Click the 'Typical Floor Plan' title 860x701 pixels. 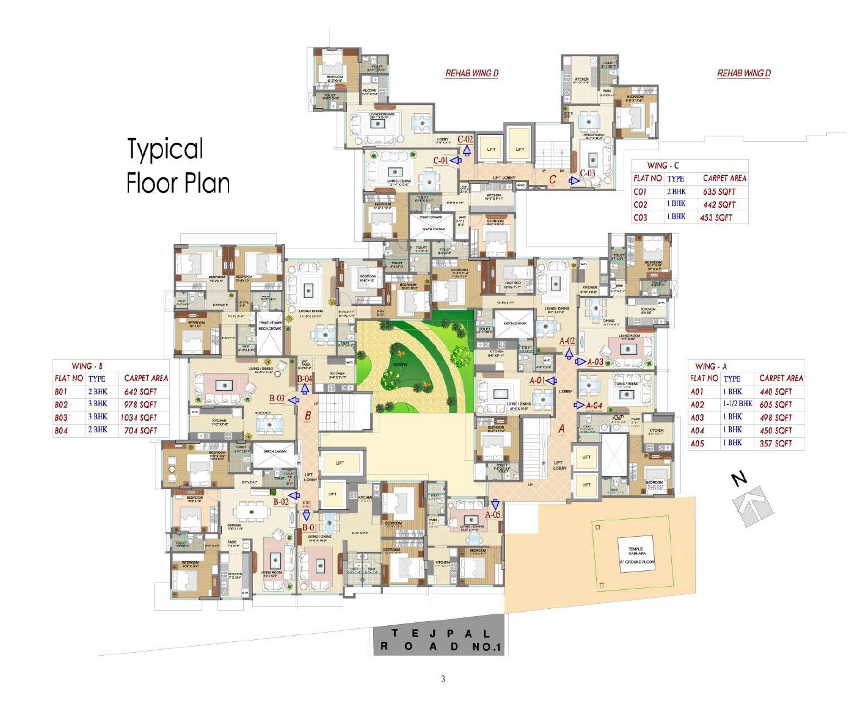click(177, 166)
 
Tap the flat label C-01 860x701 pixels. click(440, 161)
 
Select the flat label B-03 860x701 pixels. click(277, 399)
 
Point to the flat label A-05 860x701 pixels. click(492, 515)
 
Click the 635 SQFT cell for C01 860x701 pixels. click(719, 192)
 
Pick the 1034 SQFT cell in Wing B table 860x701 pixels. click(139, 418)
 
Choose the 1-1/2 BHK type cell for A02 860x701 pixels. click(738, 404)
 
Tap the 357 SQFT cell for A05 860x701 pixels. click(775, 443)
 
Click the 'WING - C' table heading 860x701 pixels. click(663, 165)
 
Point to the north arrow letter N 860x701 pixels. click(740, 479)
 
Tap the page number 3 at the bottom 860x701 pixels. click(443, 678)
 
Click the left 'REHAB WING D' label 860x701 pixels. click(472, 73)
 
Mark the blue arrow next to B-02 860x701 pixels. click(294, 496)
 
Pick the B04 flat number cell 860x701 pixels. click(61, 430)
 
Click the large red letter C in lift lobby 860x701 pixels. click(552, 180)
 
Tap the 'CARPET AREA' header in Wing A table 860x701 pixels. click(781, 378)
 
